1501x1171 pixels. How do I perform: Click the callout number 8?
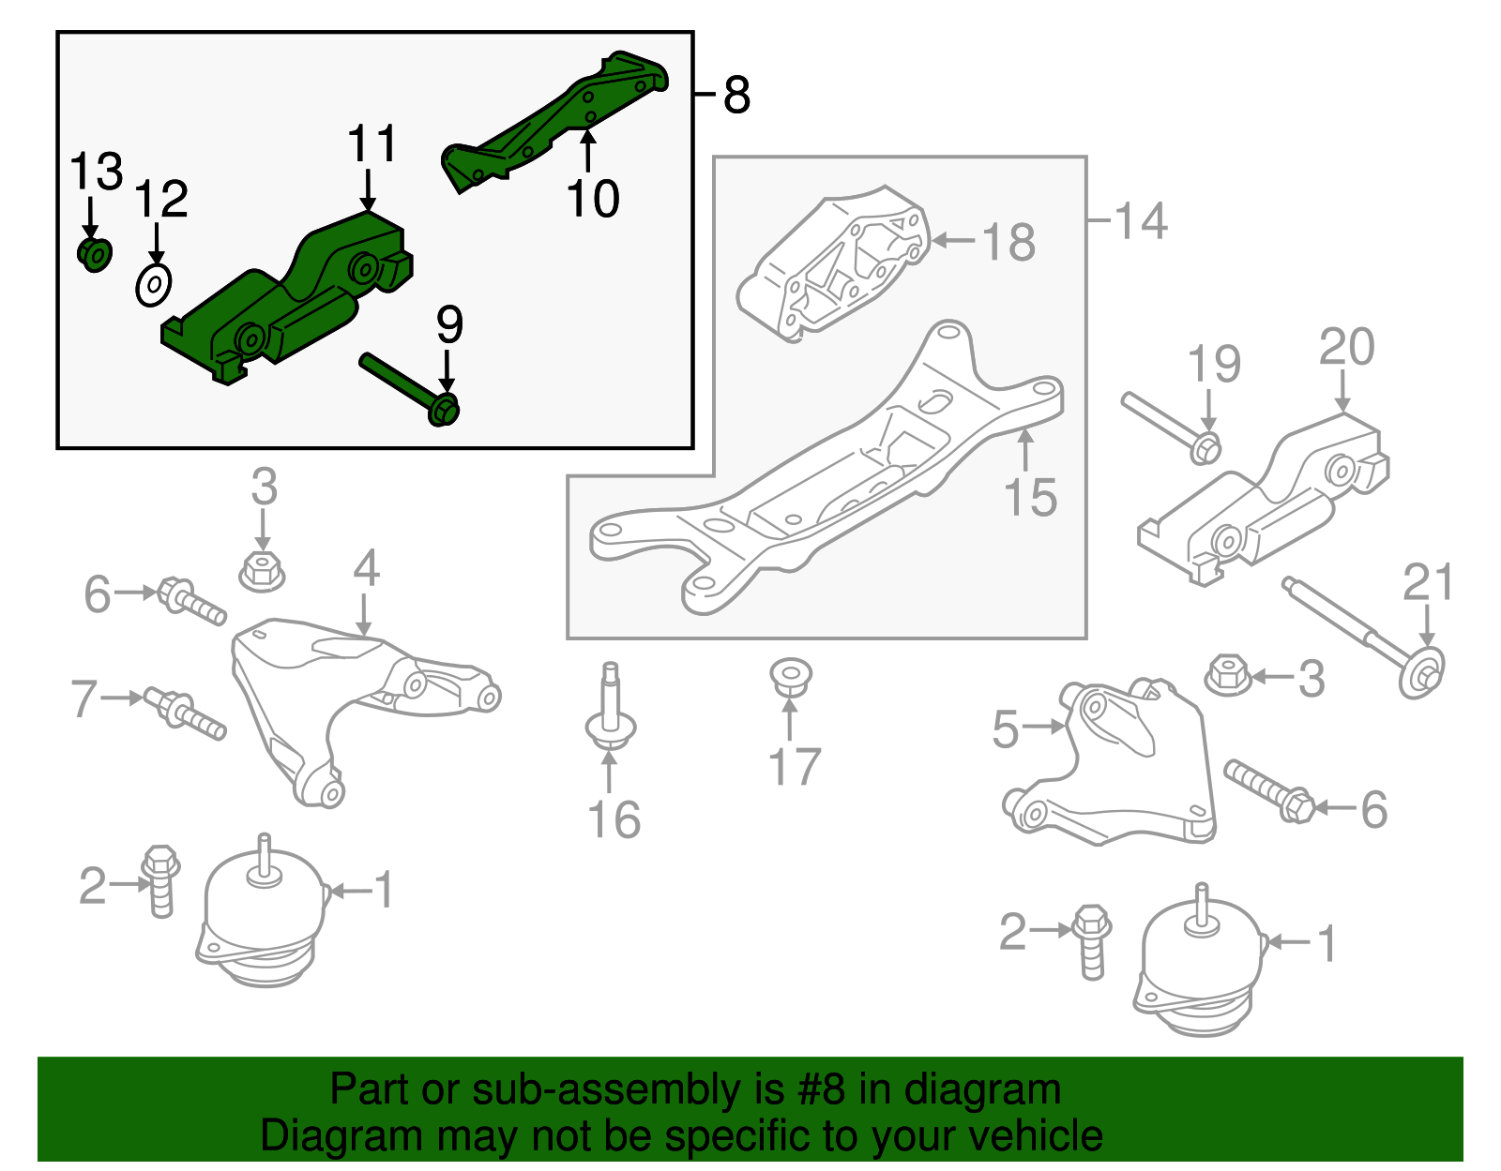pyautogui.click(x=736, y=95)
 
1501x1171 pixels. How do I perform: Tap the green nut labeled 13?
pyautogui.click(x=94, y=254)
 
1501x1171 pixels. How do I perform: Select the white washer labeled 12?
pyautogui.click(x=153, y=284)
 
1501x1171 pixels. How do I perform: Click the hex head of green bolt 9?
pyautogui.click(x=444, y=410)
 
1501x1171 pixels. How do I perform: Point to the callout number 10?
pyautogui.click(x=593, y=199)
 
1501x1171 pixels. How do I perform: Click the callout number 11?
pyautogui.click(x=372, y=144)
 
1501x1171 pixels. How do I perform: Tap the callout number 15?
pyautogui.click(x=1030, y=498)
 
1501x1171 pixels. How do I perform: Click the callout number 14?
pyautogui.click(x=1141, y=221)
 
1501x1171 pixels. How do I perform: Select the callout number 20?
pyautogui.click(x=1346, y=347)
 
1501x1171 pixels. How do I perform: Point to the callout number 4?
pyautogui.click(x=366, y=568)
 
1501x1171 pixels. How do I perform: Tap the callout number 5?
pyautogui.click(x=1005, y=729)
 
